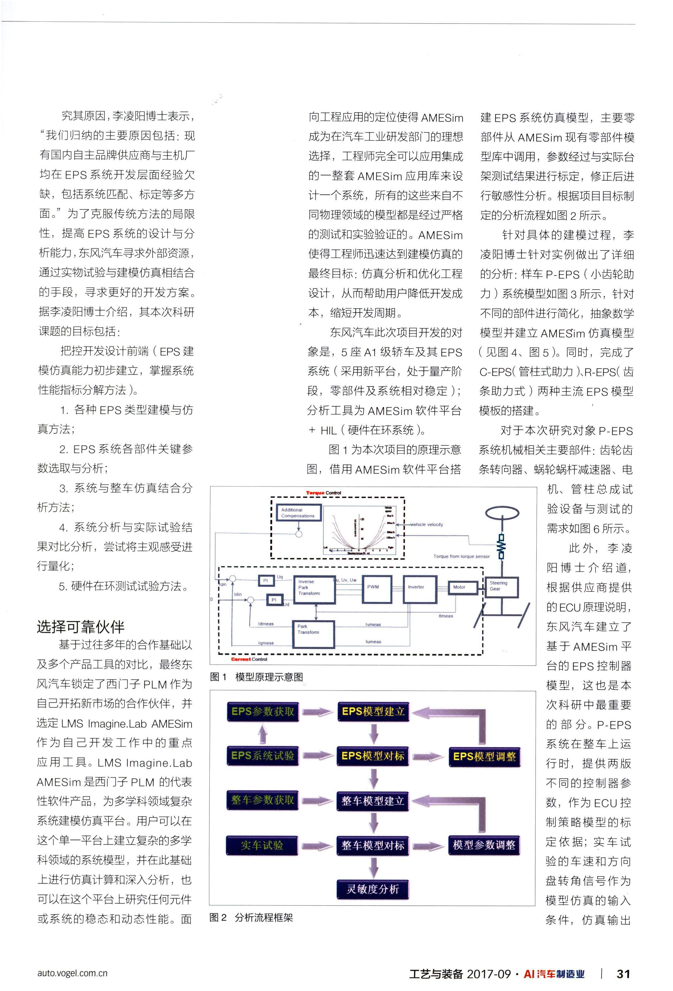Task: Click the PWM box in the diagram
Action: [x=373, y=589]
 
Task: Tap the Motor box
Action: [x=459, y=587]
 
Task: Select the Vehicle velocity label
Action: [x=426, y=524]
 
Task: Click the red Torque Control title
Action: [x=323, y=493]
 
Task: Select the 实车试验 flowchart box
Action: [x=262, y=845]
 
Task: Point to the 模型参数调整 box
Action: [x=484, y=845]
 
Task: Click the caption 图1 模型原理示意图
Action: [x=256, y=677]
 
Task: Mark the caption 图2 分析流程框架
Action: [x=251, y=917]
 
